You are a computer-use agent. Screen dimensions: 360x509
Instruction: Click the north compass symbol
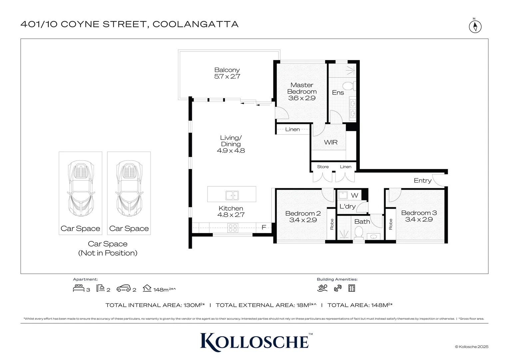[x=475, y=26]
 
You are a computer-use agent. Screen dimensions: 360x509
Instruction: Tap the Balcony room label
[x=227, y=73]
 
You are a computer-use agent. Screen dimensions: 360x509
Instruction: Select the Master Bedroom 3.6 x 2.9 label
[x=302, y=91]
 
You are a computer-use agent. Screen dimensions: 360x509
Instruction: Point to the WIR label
[x=330, y=142]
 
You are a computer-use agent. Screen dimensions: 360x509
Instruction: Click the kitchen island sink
[x=232, y=195]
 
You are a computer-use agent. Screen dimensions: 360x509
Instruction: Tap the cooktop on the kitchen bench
[x=233, y=228]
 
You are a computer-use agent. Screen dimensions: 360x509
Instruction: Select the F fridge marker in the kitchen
[x=263, y=227]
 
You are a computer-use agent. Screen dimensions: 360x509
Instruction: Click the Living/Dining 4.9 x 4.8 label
[x=231, y=144]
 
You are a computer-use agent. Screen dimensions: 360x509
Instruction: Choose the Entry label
[x=422, y=180]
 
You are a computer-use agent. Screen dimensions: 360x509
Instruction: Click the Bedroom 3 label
[x=419, y=216]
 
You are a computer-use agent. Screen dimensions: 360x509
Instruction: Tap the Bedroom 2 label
[x=303, y=217]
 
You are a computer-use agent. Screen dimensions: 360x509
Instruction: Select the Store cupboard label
[x=322, y=167]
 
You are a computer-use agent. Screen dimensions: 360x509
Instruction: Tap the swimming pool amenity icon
[x=322, y=288]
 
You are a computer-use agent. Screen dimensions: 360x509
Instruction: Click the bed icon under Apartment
[x=79, y=288]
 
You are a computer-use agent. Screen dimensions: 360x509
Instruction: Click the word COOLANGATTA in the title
[x=196, y=24]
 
